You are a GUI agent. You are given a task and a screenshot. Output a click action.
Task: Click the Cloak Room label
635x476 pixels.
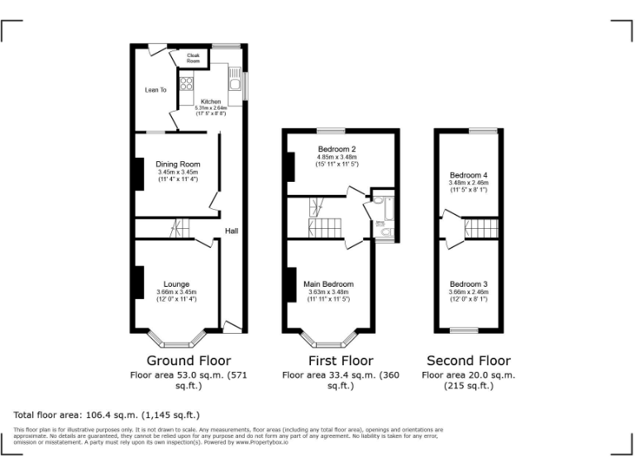pos(193,58)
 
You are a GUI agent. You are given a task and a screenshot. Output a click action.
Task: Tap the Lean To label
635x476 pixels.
pos(155,89)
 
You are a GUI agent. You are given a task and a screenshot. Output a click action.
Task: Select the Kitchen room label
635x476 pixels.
pos(211,102)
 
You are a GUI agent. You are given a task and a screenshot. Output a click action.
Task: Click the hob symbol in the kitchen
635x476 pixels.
pos(186,83)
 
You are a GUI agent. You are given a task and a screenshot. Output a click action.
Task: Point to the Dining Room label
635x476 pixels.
pos(178,164)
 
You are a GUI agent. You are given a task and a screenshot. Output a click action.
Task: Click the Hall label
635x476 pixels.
pos(232,231)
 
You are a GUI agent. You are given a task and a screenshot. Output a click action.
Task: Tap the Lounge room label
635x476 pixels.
pos(176,283)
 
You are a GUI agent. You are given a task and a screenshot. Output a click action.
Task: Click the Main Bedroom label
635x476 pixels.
pos(328,283)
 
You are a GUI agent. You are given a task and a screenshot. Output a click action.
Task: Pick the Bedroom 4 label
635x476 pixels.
pos(468,175)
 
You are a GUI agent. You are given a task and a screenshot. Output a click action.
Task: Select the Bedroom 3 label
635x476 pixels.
pos(468,283)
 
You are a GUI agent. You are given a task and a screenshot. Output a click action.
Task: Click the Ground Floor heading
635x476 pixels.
pos(189,360)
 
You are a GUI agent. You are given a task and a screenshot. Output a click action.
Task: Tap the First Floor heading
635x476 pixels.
pos(341,360)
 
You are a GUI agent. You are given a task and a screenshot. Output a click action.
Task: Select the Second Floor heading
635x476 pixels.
pos(468,360)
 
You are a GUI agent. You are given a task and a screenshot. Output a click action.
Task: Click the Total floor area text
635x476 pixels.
pos(107,414)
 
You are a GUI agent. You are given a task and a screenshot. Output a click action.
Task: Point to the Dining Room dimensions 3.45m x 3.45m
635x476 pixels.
pos(178,172)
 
